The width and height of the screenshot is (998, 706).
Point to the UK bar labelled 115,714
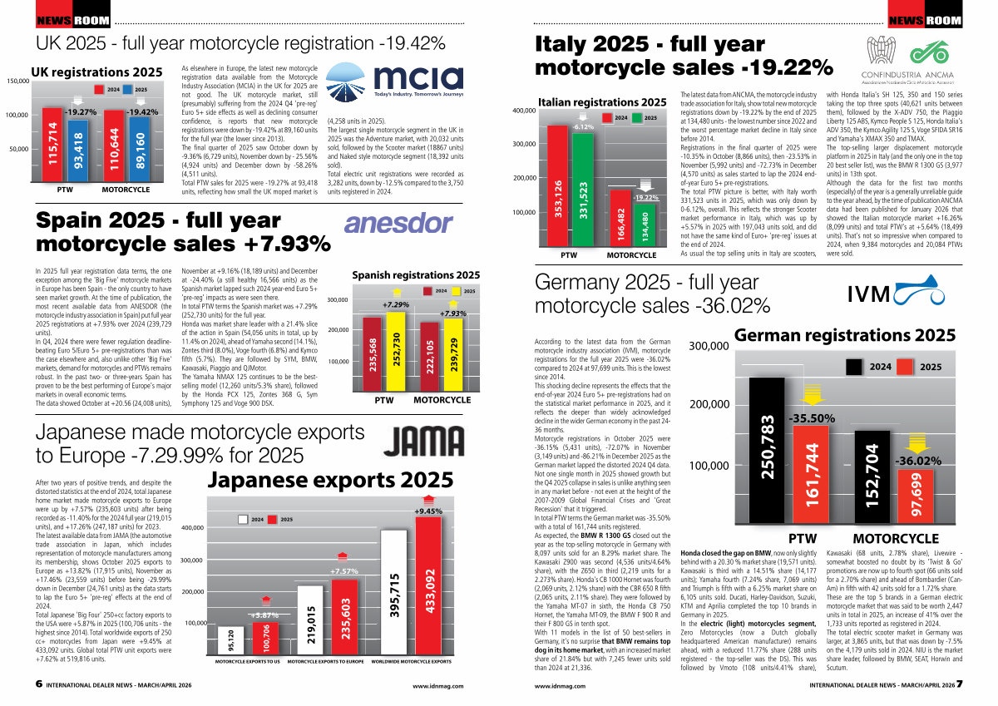(52, 146)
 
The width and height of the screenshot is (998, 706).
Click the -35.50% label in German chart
(811, 418)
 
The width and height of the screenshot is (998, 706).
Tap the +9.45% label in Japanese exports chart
(429, 511)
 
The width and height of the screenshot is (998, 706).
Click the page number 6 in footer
(39, 684)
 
